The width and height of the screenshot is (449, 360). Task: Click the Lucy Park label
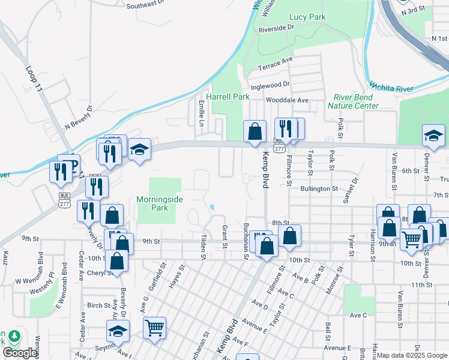tap(307, 17)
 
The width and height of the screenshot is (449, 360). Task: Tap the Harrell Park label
tap(228, 97)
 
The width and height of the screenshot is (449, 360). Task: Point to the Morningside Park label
tap(160, 203)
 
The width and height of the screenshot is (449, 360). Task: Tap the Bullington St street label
tap(320, 188)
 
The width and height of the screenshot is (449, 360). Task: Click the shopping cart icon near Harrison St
tap(411, 239)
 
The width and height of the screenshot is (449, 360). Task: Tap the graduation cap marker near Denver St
tap(433, 137)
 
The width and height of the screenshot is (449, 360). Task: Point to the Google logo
tap(20, 353)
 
